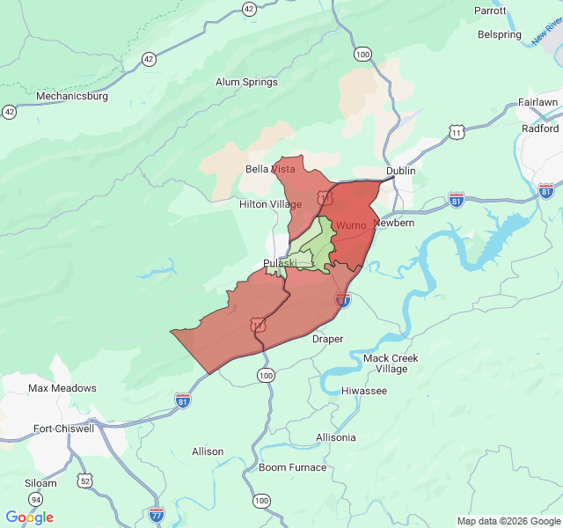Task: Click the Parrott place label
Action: (x=490, y=11)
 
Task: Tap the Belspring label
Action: (x=500, y=34)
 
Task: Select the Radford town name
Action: (x=539, y=128)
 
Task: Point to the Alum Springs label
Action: (x=246, y=82)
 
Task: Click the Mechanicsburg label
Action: (x=71, y=96)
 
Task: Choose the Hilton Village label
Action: (x=270, y=204)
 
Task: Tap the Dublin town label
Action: (x=400, y=171)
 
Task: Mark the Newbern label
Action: (x=393, y=223)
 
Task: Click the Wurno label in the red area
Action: (x=350, y=225)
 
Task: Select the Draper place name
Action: (x=327, y=339)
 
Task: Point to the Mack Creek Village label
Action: (x=391, y=363)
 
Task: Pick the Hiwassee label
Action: (x=363, y=391)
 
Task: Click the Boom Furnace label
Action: (x=292, y=467)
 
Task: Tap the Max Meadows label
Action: (x=62, y=388)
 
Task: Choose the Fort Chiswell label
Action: (x=63, y=429)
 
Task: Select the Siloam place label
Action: (x=40, y=483)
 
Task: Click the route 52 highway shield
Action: (x=84, y=480)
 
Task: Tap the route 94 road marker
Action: (x=35, y=499)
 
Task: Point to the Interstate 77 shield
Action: (x=157, y=513)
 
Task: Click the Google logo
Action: (x=29, y=517)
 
